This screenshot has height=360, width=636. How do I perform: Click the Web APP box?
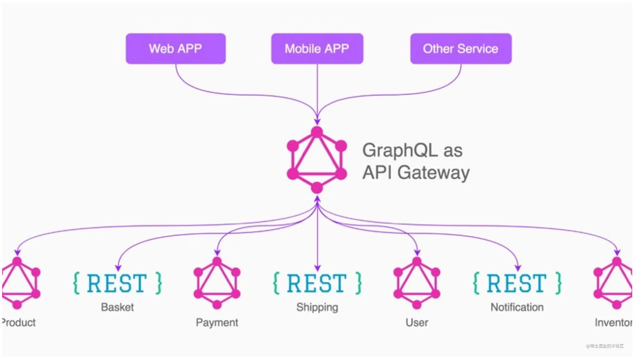(x=175, y=49)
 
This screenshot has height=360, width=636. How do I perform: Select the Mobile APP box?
(x=317, y=49)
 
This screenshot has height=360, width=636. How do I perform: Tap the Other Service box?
(x=461, y=49)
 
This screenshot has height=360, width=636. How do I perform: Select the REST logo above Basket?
(x=117, y=283)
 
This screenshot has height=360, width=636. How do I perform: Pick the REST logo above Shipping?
(x=317, y=283)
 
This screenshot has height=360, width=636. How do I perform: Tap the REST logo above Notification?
(x=517, y=283)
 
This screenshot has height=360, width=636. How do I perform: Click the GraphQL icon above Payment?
(x=217, y=283)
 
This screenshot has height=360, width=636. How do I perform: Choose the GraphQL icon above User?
(x=417, y=283)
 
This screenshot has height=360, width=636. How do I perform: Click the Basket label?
(x=117, y=307)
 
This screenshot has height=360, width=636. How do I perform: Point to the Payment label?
(x=217, y=322)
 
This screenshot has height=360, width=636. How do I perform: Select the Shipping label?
(x=317, y=307)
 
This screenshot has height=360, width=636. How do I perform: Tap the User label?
(x=417, y=322)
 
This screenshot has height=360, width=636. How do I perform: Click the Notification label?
(x=517, y=307)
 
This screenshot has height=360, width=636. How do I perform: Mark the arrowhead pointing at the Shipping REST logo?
(x=317, y=268)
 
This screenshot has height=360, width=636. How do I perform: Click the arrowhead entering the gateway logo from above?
(x=317, y=121)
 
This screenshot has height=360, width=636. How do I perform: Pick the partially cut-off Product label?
(x=18, y=322)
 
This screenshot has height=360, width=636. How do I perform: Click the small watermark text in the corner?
(x=605, y=346)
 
